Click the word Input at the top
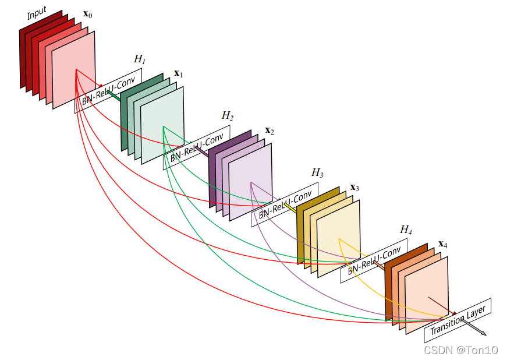[37, 13]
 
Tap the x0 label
[88, 13]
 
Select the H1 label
[140, 59]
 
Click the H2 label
[228, 116]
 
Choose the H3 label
[317, 172]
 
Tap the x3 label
[354, 188]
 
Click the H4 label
[406, 230]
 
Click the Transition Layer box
[458, 320]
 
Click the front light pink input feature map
[74, 70]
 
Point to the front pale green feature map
[162, 126]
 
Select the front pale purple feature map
[250, 182]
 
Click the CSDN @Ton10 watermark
[460, 350]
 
